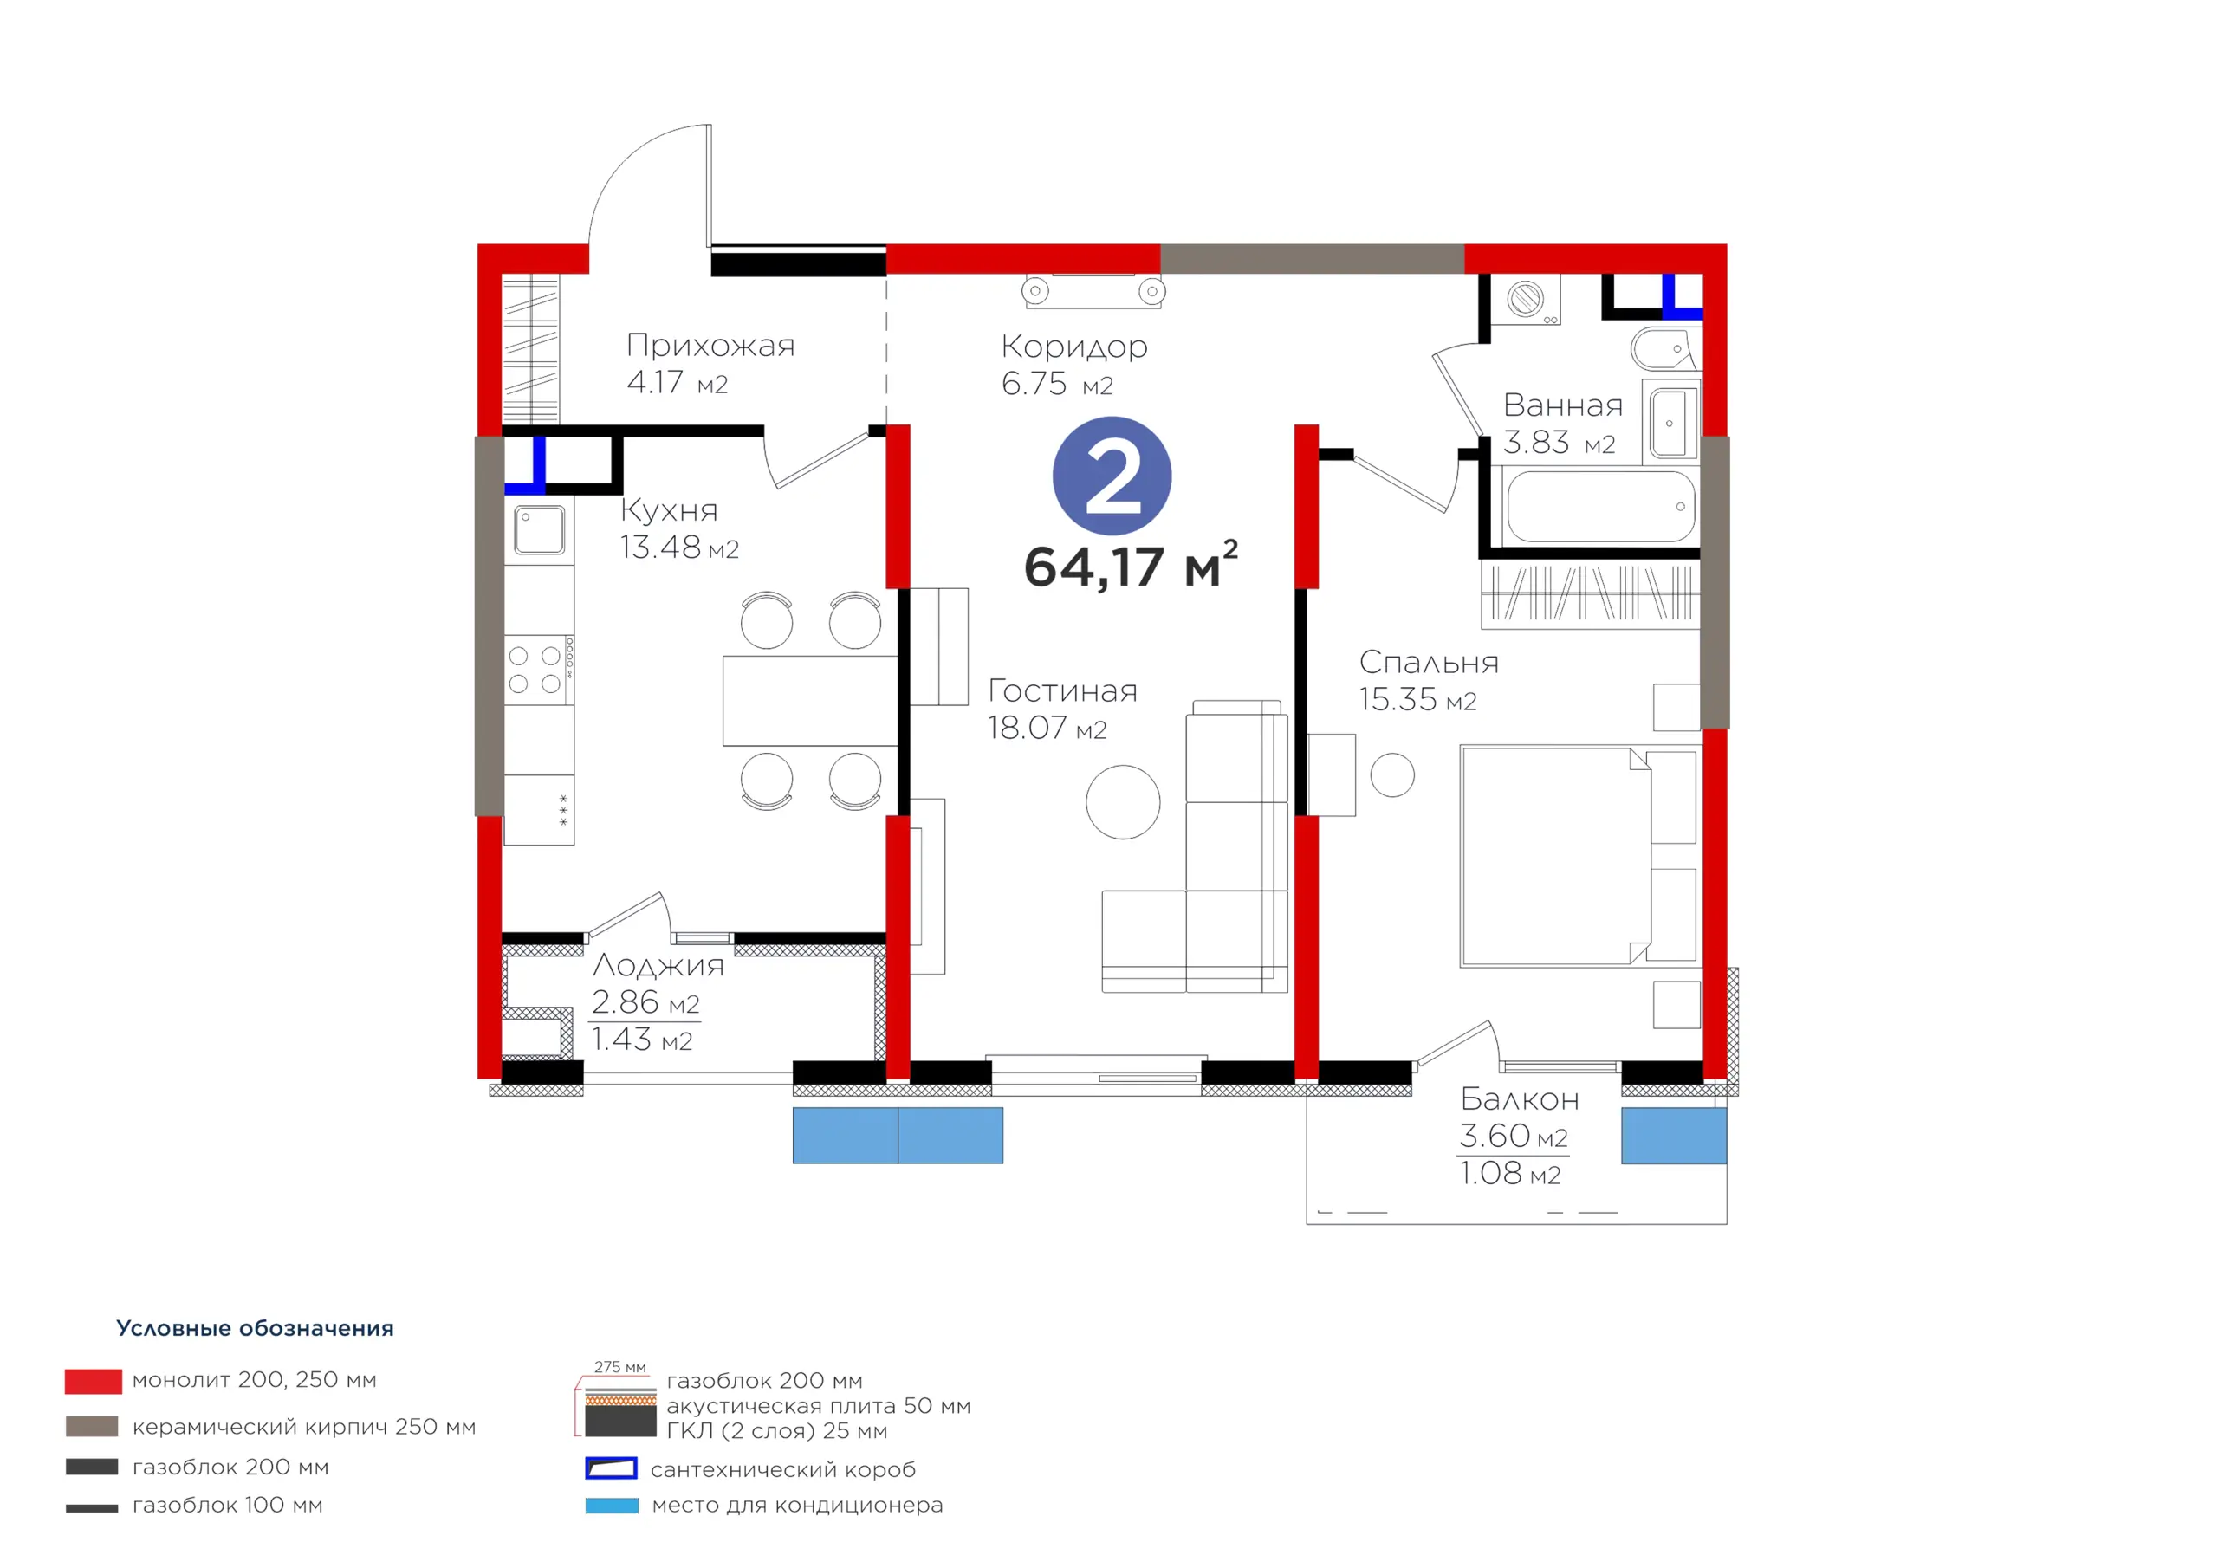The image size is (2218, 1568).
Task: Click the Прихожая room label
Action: click(710, 346)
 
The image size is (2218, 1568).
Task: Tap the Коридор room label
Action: click(1074, 346)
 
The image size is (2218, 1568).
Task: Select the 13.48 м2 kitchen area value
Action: click(679, 548)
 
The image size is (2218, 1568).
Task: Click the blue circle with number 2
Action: click(1112, 476)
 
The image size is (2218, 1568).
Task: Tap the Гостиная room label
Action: click(1062, 690)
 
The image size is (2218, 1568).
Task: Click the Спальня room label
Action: click(1429, 663)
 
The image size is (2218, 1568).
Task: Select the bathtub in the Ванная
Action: click(1601, 506)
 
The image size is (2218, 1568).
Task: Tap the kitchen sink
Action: click(539, 529)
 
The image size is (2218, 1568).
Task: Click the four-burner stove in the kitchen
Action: click(538, 670)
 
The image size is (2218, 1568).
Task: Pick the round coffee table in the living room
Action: click(1123, 802)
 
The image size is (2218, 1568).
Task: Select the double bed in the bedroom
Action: click(1579, 856)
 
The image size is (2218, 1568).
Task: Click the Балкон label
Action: click(1520, 1099)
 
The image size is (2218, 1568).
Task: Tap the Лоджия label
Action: click(658, 965)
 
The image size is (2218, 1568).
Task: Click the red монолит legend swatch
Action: click(94, 1382)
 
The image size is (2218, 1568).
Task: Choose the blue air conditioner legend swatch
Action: click(612, 1506)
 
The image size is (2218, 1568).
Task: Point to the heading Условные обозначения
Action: click(255, 1328)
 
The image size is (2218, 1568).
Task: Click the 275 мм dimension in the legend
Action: click(620, 1367)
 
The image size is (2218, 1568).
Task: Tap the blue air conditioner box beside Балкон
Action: click(1673, 1135)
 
